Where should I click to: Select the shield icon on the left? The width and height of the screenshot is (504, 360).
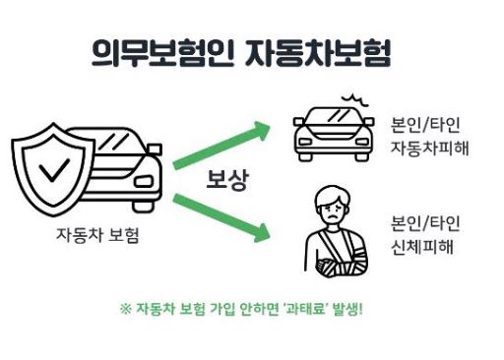pyautogui.click(x=52, y=168)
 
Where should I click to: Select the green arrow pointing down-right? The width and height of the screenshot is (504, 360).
pyautogui.click(x=220, y=217)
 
